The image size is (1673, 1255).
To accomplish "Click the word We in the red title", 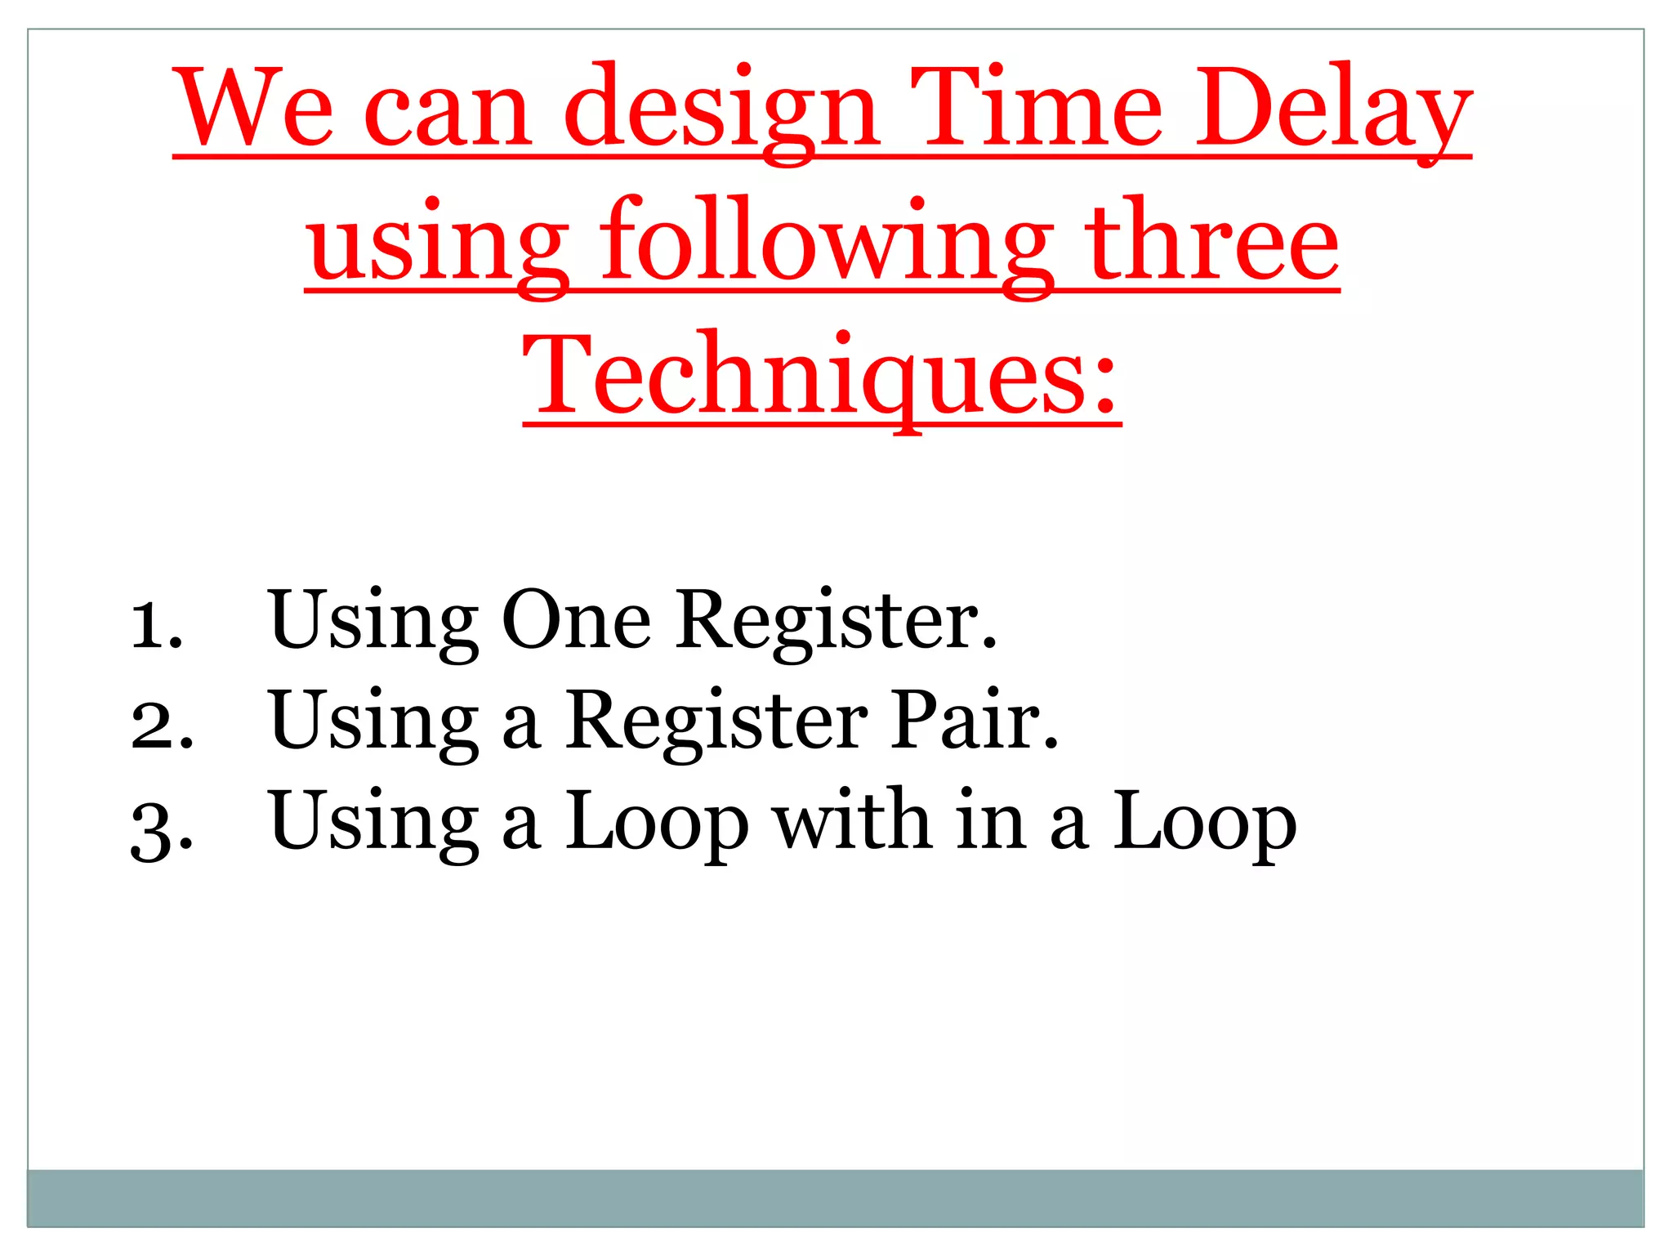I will click(256, 108).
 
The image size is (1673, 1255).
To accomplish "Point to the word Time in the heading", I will click(1037, 108).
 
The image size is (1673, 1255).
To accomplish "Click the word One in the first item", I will click(576, 621).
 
